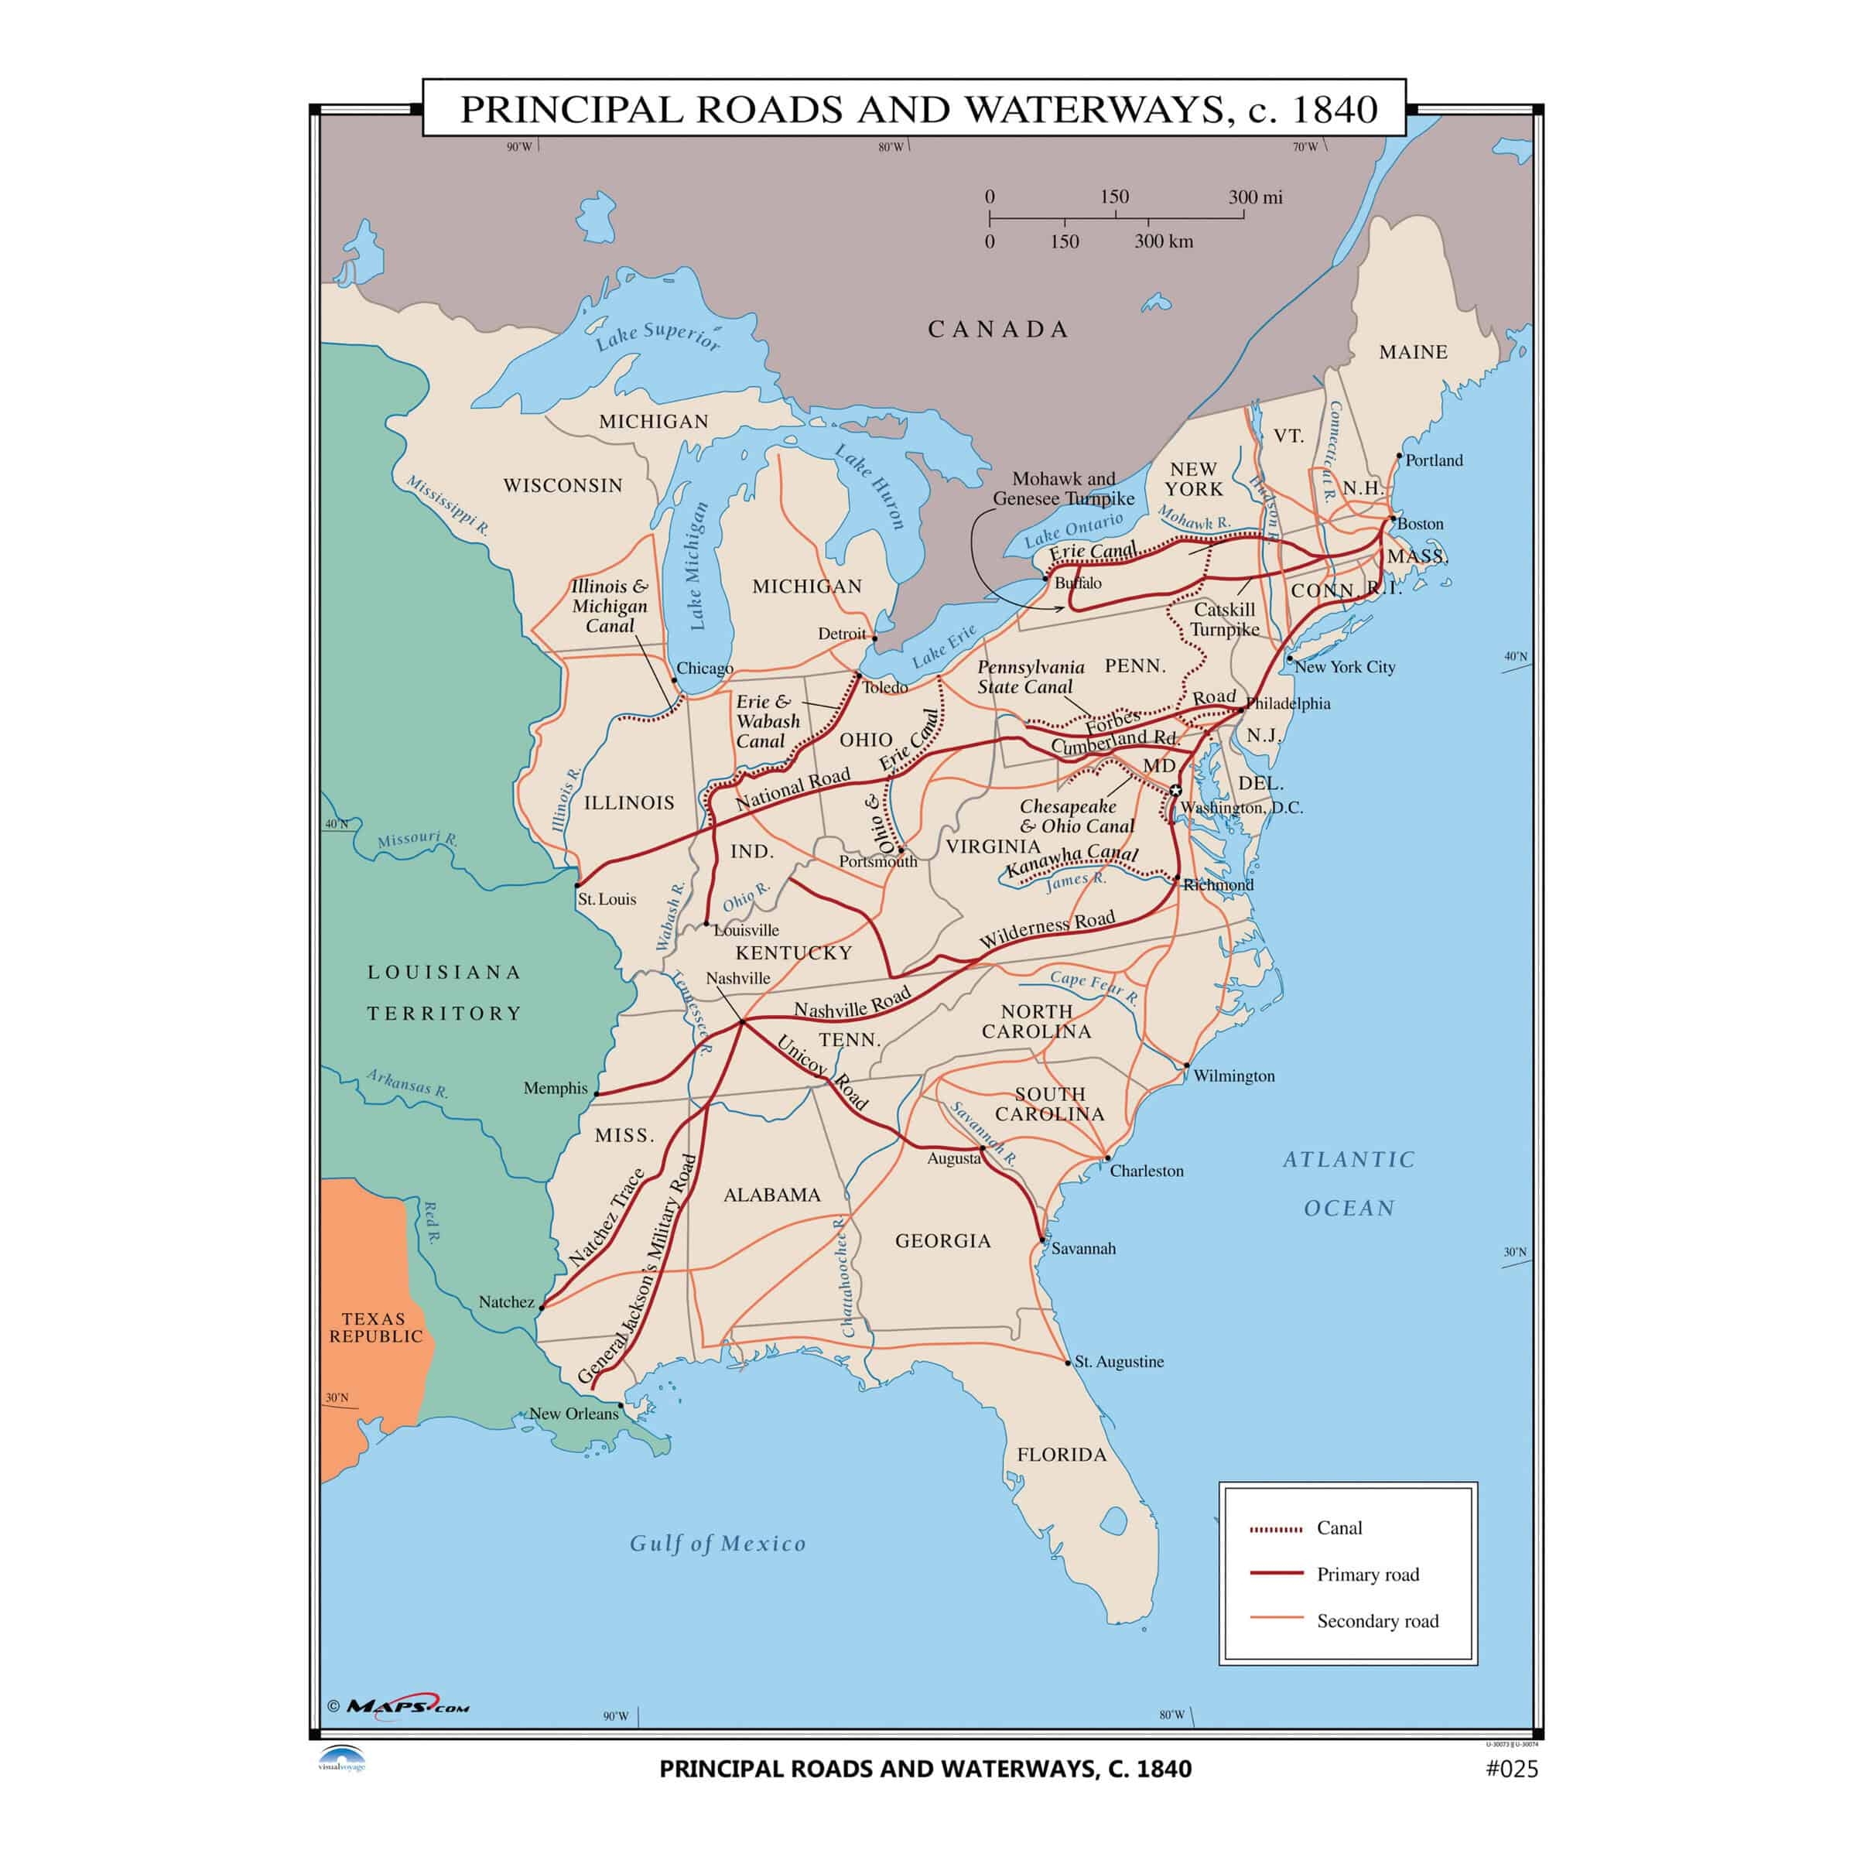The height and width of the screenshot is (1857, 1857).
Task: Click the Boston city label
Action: (x=1420, y=524)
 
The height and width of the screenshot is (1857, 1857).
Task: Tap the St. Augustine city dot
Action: (x=1068, y=1362)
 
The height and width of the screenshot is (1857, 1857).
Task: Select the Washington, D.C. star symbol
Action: (x=1175, y=790)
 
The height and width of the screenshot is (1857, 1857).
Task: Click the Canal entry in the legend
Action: (x=1339, y=1527)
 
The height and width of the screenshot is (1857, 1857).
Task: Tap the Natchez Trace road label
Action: (x=607, y=1217)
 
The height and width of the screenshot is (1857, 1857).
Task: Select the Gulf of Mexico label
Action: (x=717, y=1544)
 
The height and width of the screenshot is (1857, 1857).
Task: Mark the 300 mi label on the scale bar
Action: (x=1254, y=197)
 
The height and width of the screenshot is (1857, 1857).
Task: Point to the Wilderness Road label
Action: (x=1047, y=929)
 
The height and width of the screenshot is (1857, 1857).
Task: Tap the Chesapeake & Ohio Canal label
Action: (x=1076, y=816)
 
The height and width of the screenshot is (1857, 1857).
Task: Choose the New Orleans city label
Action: (x=574, y=1413)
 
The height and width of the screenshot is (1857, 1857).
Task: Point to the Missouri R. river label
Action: (x=417, y=839)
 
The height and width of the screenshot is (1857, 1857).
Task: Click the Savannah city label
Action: (x=1083, y=1249)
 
